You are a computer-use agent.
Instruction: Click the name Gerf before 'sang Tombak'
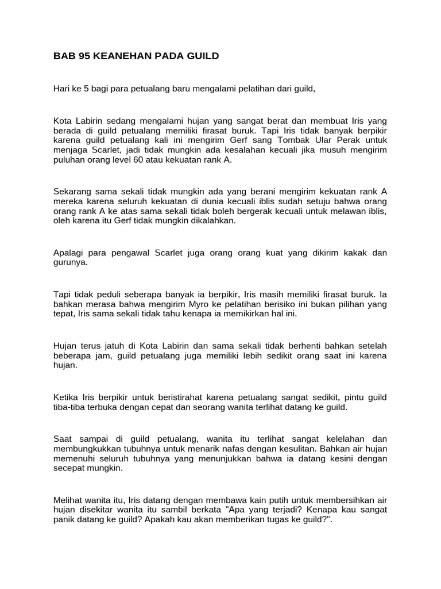point(251,140)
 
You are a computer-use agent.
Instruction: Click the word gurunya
point(72,262)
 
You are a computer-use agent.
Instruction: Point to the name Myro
point(218,304)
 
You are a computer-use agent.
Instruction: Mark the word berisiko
point(315,304)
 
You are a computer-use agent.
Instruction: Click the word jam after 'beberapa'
point(101,355)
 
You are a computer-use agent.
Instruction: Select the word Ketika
point(66,397)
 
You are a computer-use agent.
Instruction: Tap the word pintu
point(360,397)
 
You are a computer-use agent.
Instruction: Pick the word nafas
point(237,449)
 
